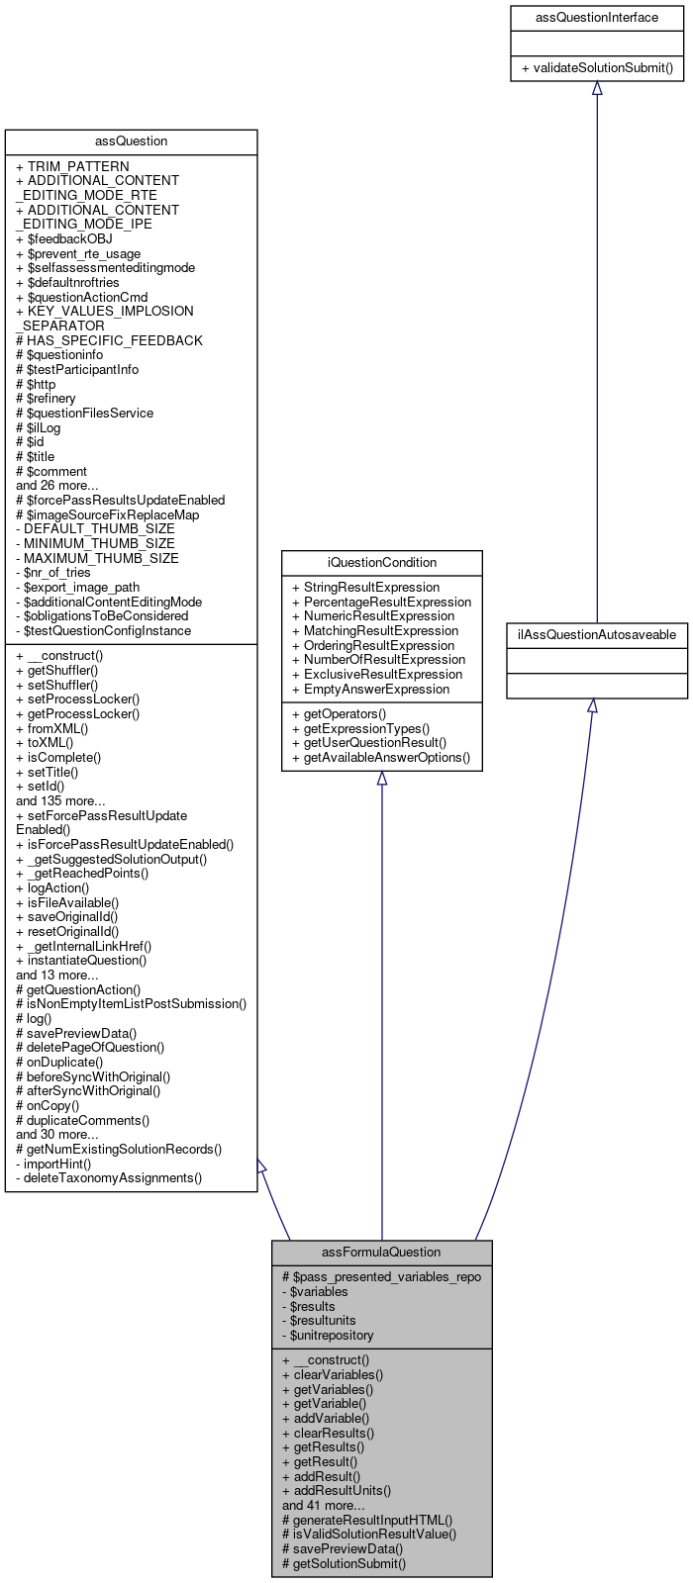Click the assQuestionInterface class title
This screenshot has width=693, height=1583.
pos(596,18)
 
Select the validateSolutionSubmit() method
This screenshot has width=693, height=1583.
pos(597,68)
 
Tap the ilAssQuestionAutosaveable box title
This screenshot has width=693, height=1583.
pos(596,634)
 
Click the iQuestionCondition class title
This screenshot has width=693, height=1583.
pos(382,562)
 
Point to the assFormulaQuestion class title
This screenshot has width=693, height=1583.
pos(381,1253)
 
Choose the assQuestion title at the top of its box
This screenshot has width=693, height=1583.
pos(131,141)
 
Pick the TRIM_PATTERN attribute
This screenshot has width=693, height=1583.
pos(72,166)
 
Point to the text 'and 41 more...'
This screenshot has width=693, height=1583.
pos(323,1505)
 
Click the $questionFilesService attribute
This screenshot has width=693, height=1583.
pos(85,413)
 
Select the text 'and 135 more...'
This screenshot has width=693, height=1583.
pos(60,800)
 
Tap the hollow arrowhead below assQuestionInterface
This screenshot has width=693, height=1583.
pos(596,89)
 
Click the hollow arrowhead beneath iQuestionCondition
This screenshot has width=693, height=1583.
pos(382,779)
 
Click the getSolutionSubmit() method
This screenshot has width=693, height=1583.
pos(344,1563)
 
